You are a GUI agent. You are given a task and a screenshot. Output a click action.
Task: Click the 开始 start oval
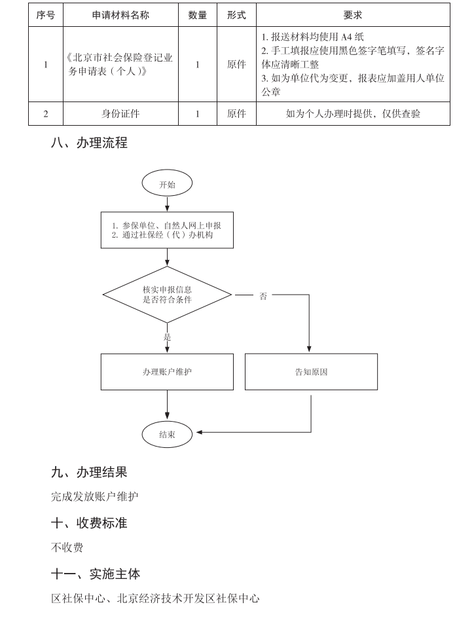[x=167, y=185]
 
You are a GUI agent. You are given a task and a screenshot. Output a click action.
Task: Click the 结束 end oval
[x=167, y=434]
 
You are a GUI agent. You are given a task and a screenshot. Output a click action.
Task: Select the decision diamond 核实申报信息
[x=167, y=295]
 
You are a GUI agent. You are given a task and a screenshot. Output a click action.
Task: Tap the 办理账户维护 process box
[x=167, y=372]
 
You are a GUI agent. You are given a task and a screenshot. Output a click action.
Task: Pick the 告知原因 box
[x=311, y=372]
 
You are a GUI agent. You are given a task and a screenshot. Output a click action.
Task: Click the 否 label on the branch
[x=263, y=296]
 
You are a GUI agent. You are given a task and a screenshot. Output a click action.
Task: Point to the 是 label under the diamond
[x=167, y=337]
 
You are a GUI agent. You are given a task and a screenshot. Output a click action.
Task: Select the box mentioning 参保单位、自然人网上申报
[x=167, y=230]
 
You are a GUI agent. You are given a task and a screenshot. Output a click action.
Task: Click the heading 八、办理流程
[x=89, y=143]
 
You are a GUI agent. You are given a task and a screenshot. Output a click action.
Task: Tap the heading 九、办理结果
[x=89, y=471]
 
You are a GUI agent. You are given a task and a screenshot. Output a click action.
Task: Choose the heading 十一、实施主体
[x=96, y=574]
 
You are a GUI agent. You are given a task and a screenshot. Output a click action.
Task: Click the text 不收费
[x=67, y=547]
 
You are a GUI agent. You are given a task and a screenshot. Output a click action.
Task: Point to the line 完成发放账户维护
[x=95, y=496]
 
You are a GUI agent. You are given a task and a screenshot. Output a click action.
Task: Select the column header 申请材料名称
[x=121, y=15]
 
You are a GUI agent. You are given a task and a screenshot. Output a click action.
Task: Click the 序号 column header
[x=45, y=15]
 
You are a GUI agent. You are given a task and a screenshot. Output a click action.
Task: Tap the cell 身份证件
[x=121, y=114]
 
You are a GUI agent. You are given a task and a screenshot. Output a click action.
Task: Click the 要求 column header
[x=353, y=15]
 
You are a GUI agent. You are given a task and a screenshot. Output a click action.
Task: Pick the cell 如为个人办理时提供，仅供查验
[x=353, y=114]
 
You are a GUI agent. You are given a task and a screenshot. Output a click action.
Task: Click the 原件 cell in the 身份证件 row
[x=236, y=114]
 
